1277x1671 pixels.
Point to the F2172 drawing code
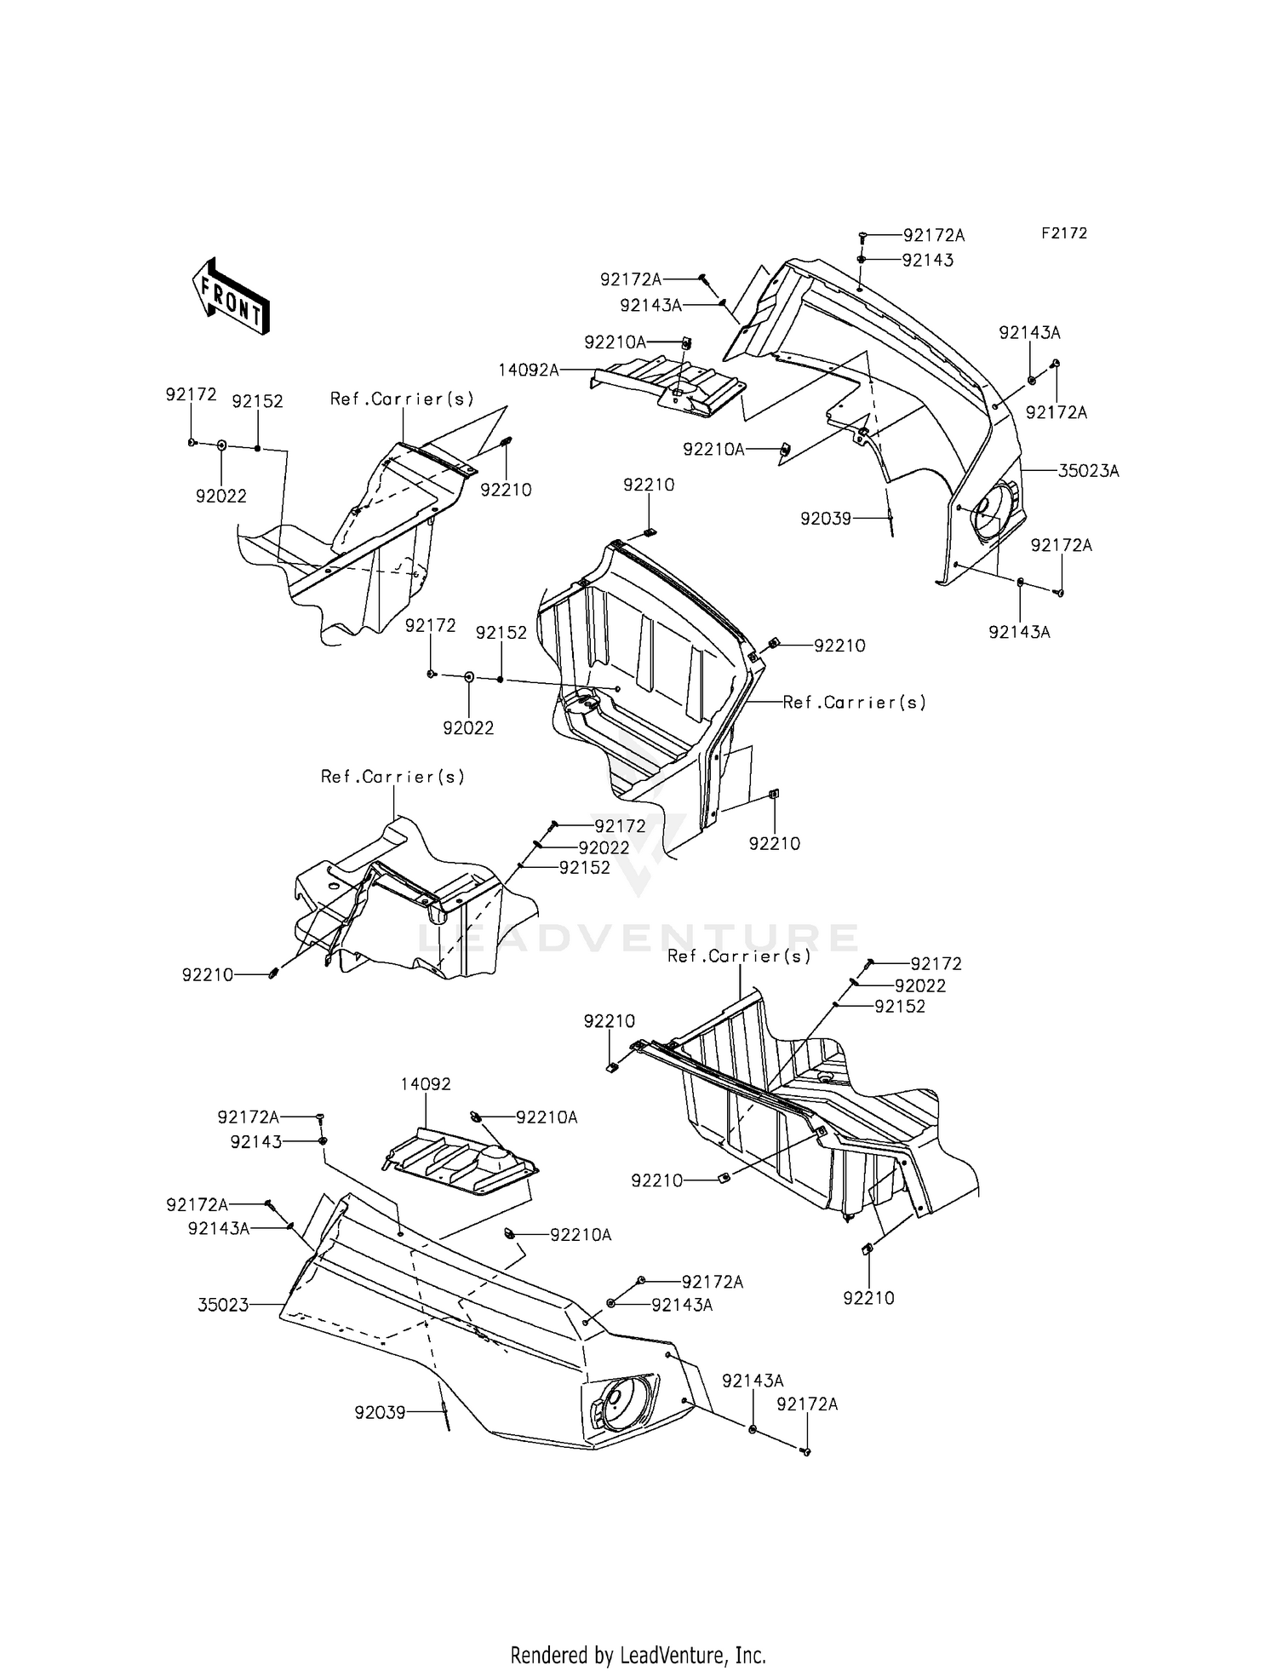(x=1063, y=233)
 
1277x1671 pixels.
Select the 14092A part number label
(x=529, y=370)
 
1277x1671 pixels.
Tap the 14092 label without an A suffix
(x=426, y=1084)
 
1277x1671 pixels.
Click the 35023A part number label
(x=1088, y=471)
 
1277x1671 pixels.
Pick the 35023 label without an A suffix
(x=223, y=1304)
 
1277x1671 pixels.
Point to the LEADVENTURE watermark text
(x=638, y=938)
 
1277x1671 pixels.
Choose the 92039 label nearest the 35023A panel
(x=825, y=518)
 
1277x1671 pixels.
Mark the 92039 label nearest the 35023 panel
(x=380, y=1413)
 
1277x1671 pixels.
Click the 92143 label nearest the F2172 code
(x=928, y=261)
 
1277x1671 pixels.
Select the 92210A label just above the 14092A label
(x=615, y=342)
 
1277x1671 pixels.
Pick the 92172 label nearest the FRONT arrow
(x=192, y=394)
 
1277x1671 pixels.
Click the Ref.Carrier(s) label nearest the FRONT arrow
(x=402, y=399)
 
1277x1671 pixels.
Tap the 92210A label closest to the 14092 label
(x=547, y=1117)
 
